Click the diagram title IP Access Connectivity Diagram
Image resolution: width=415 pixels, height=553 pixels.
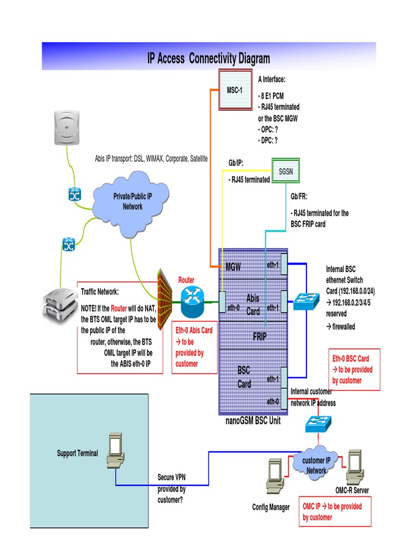point(209,58)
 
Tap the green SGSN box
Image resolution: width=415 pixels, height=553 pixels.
point(285,172)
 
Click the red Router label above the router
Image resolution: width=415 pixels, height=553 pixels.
point(186,280)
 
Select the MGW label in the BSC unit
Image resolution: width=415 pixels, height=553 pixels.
point(233,267)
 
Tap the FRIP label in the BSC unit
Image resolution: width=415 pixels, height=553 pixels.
point(260,336)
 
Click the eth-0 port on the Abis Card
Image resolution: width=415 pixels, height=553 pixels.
point(222,302)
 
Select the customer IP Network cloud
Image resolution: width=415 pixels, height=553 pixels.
point(316,464)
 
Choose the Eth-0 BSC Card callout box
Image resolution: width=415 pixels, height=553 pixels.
point(354,369)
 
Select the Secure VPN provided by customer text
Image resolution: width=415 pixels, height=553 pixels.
point(172,489)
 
